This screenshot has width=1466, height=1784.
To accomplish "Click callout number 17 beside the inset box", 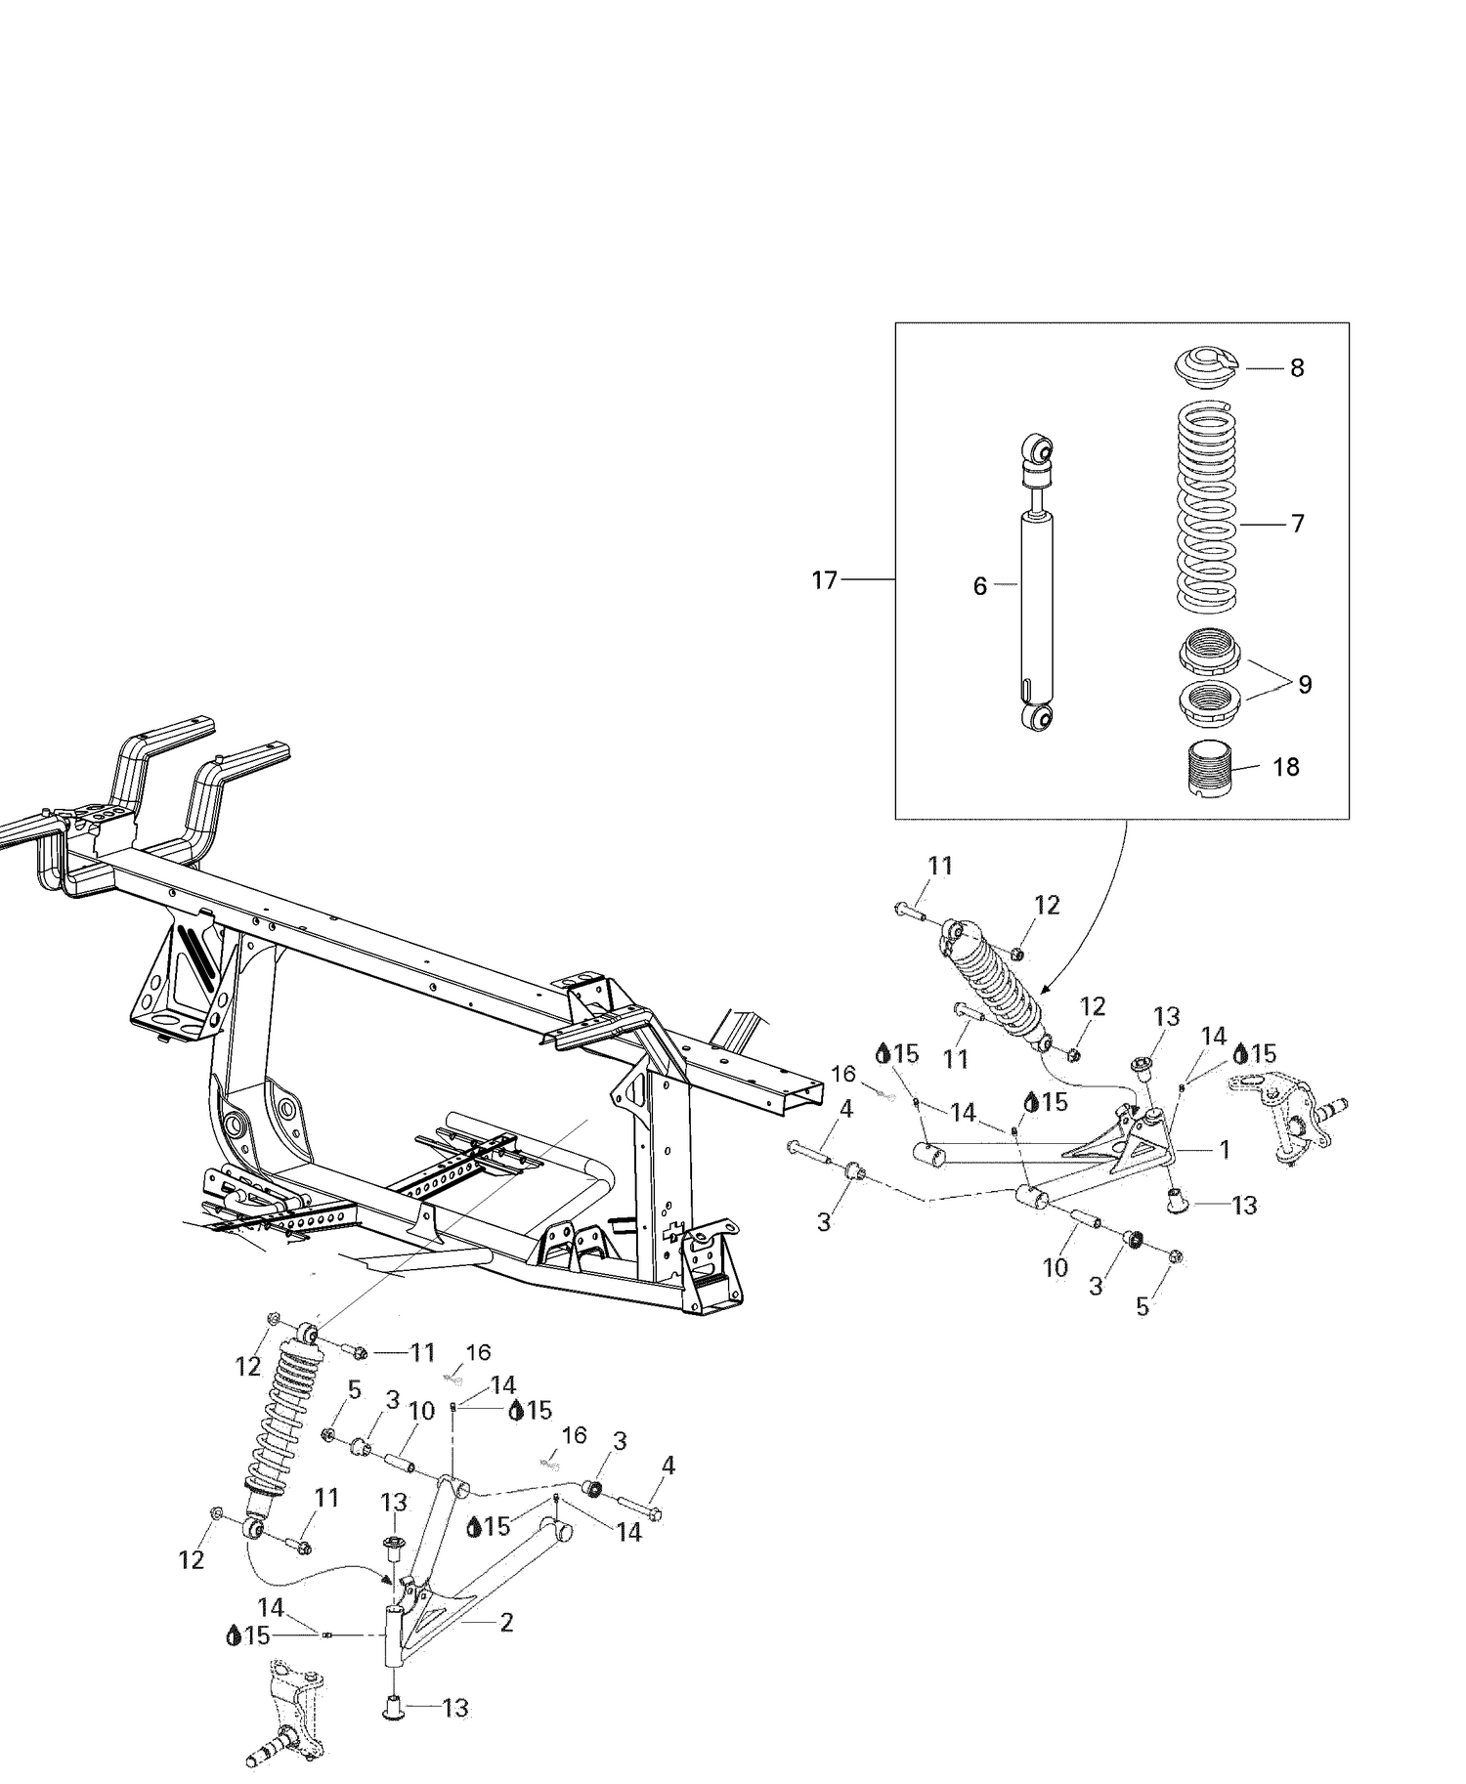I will coord(824,580).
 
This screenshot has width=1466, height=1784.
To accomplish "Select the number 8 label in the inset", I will coord(1296,368).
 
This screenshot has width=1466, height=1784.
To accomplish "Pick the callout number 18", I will coord(1285,767).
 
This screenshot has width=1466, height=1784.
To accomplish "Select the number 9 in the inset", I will coord(1305,684).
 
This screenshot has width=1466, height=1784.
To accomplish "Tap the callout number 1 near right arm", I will coord(1224,1150).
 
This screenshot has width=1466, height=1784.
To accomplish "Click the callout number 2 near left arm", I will coord(506,1623).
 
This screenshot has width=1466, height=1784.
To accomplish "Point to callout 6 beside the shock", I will coord(979,586).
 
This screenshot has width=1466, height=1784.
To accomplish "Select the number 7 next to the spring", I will coord(1297,524).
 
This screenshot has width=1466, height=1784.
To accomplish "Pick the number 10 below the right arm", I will coord(1055,1268).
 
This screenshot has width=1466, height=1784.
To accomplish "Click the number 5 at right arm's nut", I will coord(1142,1306).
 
